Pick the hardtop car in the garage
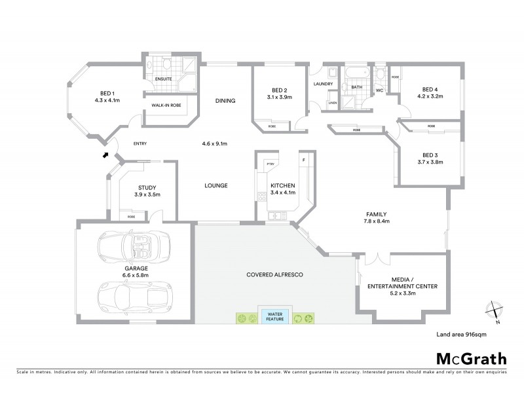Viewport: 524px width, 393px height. (134, 296)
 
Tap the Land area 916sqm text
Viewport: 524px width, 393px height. (461, 334)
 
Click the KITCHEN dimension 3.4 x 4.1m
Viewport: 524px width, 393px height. (282, 195)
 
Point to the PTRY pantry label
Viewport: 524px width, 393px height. (269, 163)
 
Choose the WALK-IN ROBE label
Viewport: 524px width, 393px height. (166, 105)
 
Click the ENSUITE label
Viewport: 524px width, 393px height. (163, 79)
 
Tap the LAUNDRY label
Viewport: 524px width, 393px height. (324, 84)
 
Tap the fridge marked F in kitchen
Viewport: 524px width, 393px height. (303, 159)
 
